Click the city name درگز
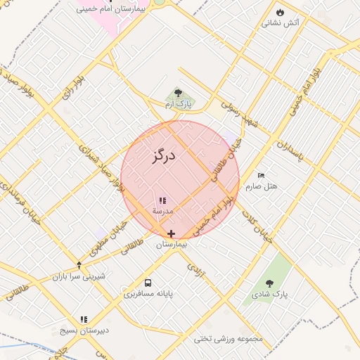(162, 155)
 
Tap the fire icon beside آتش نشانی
(280, 12)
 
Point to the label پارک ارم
(178, 104)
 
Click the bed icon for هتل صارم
(262, 175)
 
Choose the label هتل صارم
(262, 186)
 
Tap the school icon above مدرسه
(162, 200)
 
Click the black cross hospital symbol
(171, 233)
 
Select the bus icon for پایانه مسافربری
(148, 283)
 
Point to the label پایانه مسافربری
(148, 293)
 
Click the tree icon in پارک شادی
(269, 283)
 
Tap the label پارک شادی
(270, 293)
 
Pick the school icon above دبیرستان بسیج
(84, 319)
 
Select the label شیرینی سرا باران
(79, 276)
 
